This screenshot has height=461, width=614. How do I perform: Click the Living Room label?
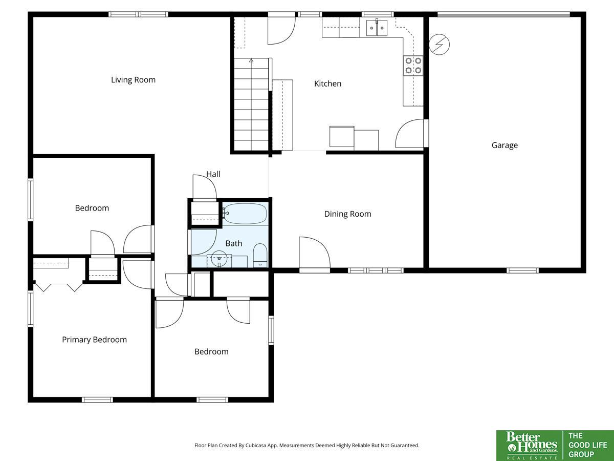pos(133,80)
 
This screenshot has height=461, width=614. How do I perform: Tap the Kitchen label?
pos(327,83)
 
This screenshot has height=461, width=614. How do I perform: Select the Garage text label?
pos(505,145)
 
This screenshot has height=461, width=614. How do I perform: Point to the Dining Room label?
pos(348,214)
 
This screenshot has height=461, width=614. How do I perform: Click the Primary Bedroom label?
pos(94,340)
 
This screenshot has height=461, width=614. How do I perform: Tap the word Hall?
pos(213,174)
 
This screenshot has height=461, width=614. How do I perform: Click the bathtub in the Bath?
pos(245,214)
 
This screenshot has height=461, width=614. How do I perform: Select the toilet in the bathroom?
pos(260,255)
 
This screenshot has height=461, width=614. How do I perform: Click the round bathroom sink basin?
pos(219,258)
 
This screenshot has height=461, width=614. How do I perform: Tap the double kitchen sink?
pos(377,28)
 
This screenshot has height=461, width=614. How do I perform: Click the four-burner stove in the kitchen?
pos(413,65)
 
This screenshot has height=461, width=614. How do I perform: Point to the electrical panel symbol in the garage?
pos(439,44)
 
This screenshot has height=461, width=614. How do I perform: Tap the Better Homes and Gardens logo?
pos(530,446)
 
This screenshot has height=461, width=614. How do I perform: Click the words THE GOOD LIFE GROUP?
pos(588,445)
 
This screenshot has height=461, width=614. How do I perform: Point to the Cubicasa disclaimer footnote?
pos(307,445)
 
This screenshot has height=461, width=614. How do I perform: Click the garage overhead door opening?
pos(503,14)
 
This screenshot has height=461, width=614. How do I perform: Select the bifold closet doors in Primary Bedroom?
pos(59,287)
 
